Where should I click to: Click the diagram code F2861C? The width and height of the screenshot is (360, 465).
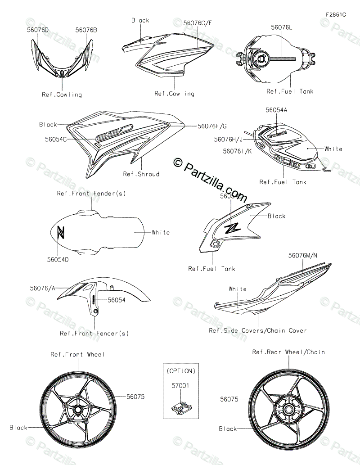pyautogui.click(x=336, y=14)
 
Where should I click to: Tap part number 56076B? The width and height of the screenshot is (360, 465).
pyautogui.click(x=86, y=30)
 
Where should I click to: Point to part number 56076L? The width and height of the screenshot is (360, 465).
pyautogui.click(x=282, y=27)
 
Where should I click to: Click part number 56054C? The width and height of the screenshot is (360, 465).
pyautogui.click(x=56, y=140)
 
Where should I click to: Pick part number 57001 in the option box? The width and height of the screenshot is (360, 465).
pyautogui.click(x=180, y=386)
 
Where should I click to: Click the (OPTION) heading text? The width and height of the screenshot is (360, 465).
pyautogui.click(x=181, y=371)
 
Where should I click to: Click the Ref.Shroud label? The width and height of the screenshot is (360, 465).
pyautogui.click(x=141, y=174)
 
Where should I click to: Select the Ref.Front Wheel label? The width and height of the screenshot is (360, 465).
pyautogui.click(x=77, y=354)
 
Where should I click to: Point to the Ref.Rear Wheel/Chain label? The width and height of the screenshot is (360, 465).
pyautogui.click(x=288, y=352)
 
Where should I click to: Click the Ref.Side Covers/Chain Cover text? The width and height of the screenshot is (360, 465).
pyautogui.click(x=258, y=330)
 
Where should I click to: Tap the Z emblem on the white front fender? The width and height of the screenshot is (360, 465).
pyautogui.click(x=61, y=232)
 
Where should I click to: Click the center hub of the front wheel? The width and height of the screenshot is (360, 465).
pyautogui.click(x=78, y=410)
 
